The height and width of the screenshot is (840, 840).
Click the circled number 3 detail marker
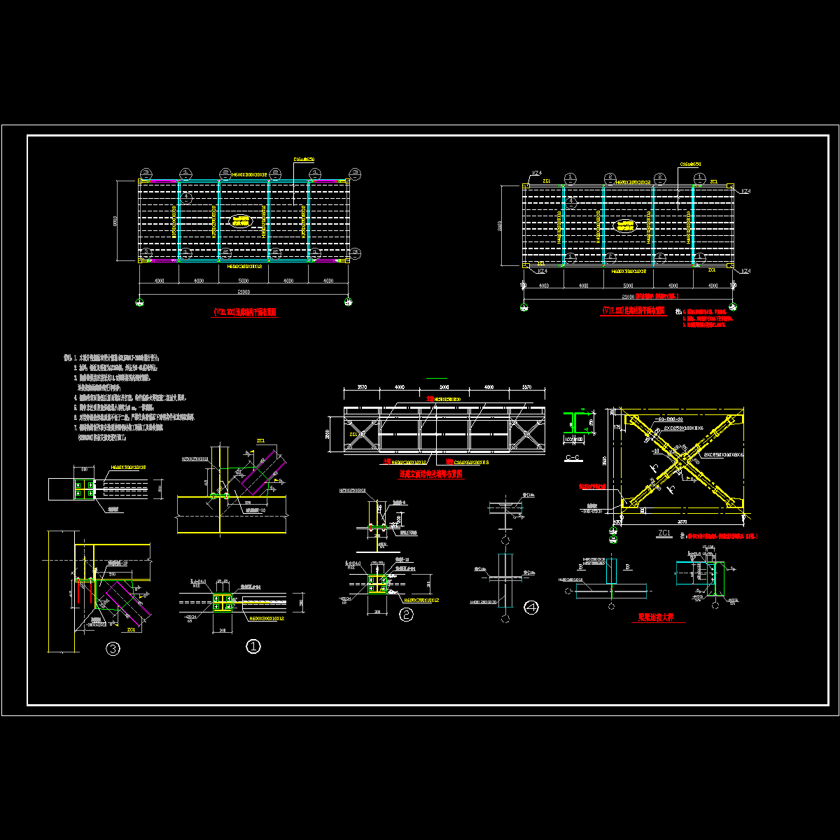click(113, 650)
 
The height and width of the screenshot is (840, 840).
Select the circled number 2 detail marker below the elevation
click(405, 615)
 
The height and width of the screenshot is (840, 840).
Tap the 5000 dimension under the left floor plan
click(243, 281)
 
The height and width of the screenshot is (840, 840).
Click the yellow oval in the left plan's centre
click(243, 221)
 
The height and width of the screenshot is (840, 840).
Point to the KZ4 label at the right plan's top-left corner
click(537, 172)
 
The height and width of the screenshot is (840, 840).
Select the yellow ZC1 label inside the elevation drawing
click(352, 434)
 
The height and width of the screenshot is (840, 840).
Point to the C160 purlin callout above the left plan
click(304, 160)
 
